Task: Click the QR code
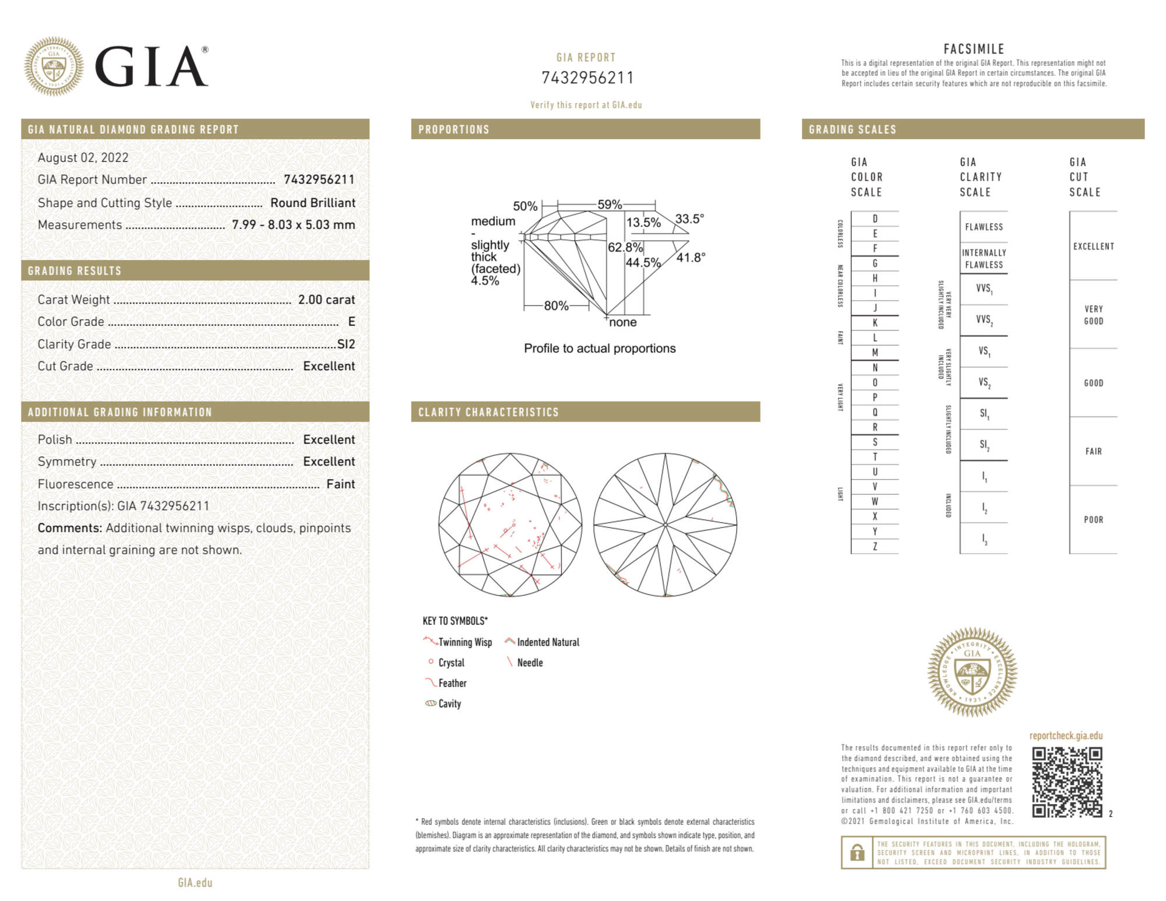1066,782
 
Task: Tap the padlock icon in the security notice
857,853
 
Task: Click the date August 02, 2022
83,158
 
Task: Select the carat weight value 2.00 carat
326,300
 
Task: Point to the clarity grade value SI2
346,344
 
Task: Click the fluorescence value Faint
340,484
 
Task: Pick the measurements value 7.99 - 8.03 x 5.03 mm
293,225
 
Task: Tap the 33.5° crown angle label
689,219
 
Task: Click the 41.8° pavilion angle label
691,257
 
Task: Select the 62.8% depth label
625,247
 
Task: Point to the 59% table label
610,205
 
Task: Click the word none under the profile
623,322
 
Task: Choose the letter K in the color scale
875,323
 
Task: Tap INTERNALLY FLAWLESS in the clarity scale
984,258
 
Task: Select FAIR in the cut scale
1093,451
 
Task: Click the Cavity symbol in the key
431,703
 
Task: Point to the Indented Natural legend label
548,642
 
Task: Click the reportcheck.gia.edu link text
1066,735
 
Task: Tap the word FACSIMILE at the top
974,49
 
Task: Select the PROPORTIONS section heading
454,129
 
